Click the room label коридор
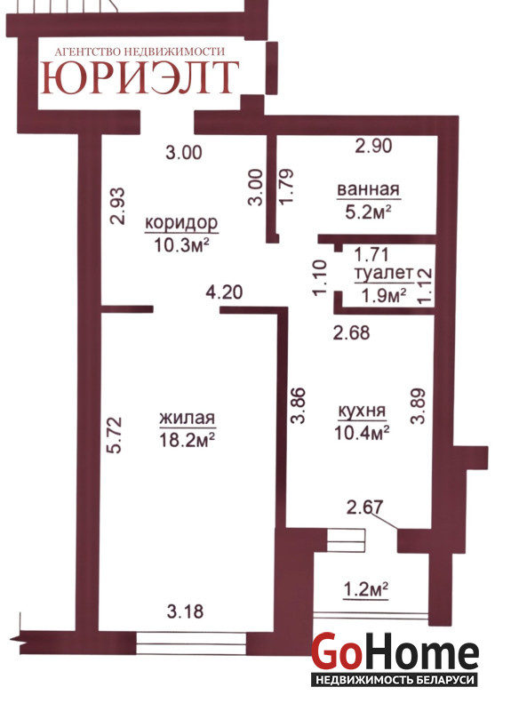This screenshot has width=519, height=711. pyautogui.click(x=181, y=223)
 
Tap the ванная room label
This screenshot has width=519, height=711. pyautogui.click(x=368, y=189)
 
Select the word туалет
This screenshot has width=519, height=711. pyautogui.click(x=384, y=273)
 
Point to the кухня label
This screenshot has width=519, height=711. pyautogui.click(x=363, y=411)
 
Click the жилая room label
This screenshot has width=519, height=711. pyautogui.click(x=188, y=418)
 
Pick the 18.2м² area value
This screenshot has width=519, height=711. pyautogui.click(x=187, y=439)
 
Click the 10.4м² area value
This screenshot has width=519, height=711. pyautogui.click(x=362, y=433)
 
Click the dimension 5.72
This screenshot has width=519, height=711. pyautogui.click(x=116, y=435)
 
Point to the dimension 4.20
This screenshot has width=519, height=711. pyautogui.click(x=224, y=292)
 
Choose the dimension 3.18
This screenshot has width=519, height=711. pyautogui.click(x=185, y=611)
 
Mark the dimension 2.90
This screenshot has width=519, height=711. pyautogui.click(x=373, y=146)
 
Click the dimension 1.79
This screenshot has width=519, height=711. pyautogui.click(x=287, y=187)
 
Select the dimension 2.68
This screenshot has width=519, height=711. pyautogui.click(x=351, y=332)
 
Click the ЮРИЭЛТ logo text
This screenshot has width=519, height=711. pyautogui.click(x=140, y=77)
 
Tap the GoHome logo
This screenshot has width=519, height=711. pyautogui.click(x=395, y=651)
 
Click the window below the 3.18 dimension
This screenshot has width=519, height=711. pyautogui.click(x=191, y=643)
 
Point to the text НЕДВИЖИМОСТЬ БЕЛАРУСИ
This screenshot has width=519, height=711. pyautogui.click(x=395, y=680)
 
